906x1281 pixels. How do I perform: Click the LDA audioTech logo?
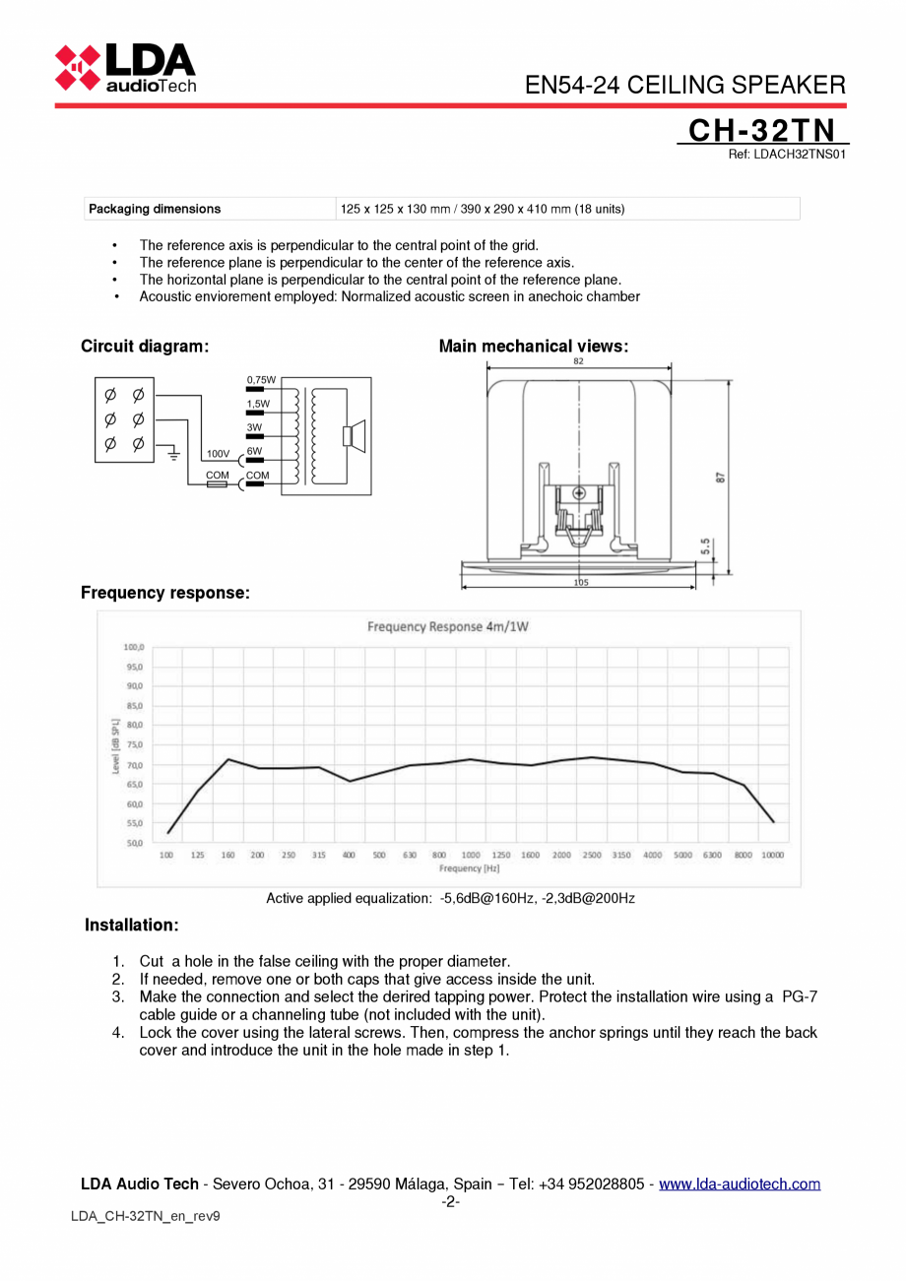[125, 67]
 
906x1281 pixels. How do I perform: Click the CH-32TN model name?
[761, 131]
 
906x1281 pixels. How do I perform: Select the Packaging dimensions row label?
[155, 209]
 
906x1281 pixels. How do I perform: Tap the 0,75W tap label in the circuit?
[261, 379]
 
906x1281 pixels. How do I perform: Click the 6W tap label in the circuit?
[254, 451]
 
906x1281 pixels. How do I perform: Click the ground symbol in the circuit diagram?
[173, 454]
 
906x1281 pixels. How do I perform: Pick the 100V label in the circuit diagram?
[218, 454]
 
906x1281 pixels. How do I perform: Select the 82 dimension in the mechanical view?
[578, 361]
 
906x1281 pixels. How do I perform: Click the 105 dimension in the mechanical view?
[580, 583]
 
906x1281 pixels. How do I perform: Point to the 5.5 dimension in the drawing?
[705, 545]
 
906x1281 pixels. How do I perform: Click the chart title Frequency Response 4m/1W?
[448, 626]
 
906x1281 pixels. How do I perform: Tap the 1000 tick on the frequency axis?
[471, 856]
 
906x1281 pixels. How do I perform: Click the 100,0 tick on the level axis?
[134, 647]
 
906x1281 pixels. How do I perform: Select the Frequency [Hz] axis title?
[469, 868]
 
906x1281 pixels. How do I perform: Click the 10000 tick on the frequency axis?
[773, 856]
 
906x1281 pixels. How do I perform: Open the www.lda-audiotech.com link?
[739, 1184]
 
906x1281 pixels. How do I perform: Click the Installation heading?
[132, 926]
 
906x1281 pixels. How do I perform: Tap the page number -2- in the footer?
[451, 1201]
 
